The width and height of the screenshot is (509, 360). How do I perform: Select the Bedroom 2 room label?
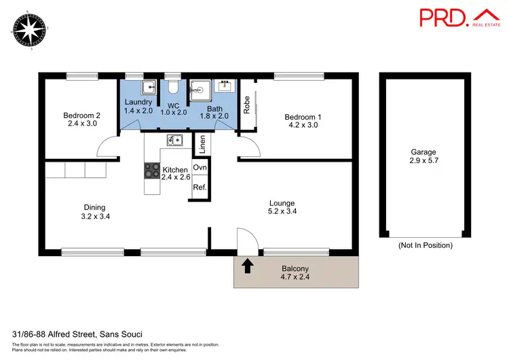(x=82, y=115)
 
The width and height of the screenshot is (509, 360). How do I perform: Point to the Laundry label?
(x=138, y=102)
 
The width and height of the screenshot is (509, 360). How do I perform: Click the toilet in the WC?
(x=174, y=88)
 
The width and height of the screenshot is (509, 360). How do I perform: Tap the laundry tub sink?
(x=150, y=88)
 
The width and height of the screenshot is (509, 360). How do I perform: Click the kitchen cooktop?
(x=150, y=170)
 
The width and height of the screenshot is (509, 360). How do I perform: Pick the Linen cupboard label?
(x=201, y=144)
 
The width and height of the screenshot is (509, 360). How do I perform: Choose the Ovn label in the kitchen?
(x=200, y=168)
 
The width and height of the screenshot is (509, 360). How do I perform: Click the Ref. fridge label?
(x=200, y=187)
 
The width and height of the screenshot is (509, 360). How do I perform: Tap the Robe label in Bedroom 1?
(x=247, y=103)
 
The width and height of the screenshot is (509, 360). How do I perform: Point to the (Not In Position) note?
(x=424, y=245)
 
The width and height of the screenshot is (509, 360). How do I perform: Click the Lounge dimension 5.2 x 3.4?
(x=281, y=211)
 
